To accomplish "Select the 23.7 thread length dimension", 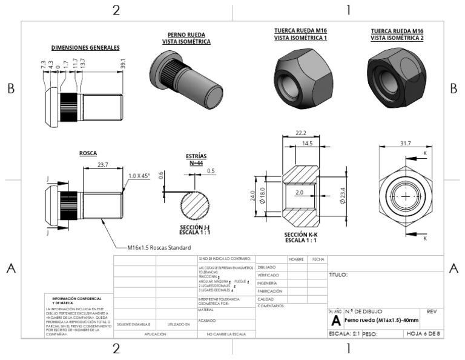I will [102, 164].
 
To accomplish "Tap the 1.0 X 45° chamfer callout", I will [139, 176].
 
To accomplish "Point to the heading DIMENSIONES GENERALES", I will [85, 47].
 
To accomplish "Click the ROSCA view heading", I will [88, 153].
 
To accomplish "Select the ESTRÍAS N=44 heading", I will [196, 159].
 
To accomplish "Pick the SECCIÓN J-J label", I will [195, 229].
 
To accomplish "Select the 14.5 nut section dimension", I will [308, 144].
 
